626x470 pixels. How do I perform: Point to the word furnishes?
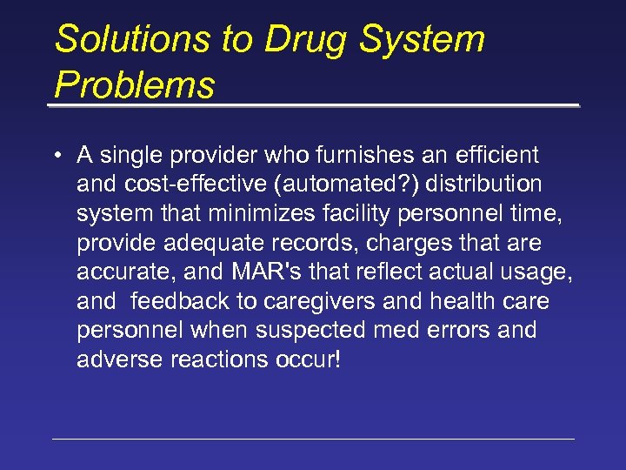point(329,156)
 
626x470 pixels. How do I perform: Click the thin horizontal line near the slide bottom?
point(313,439)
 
